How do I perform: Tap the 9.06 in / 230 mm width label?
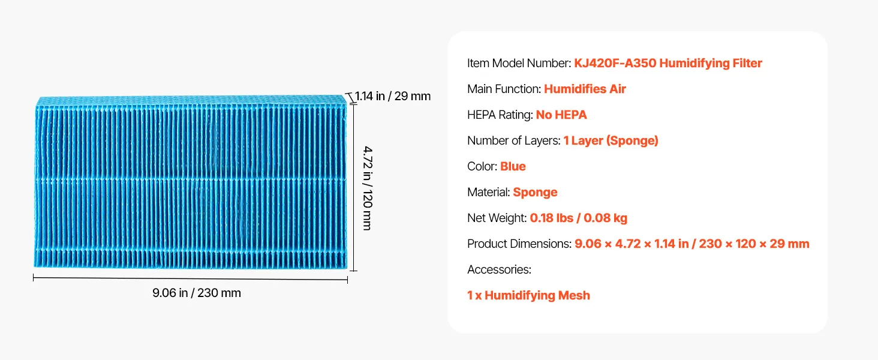point(196,293)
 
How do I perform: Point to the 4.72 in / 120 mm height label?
point(367,186)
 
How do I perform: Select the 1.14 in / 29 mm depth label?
point(393,96)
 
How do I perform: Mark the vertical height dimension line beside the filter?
point(354,187)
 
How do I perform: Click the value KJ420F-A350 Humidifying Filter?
point(668,63)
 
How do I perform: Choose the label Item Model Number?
point(519,63)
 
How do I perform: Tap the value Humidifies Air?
point(585,89)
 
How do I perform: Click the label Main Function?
point(504,89)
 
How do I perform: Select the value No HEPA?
point(561,115)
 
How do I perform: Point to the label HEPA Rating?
point(500,115)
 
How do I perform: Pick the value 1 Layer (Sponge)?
point(611,140)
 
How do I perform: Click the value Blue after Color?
point(513,166)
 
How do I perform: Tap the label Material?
point(488,192)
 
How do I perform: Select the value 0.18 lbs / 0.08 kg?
point(578,218)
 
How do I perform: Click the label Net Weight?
point(497,218)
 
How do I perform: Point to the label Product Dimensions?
point(519,244)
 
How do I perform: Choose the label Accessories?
point(499,269)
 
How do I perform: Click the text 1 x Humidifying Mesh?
point(528,295)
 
